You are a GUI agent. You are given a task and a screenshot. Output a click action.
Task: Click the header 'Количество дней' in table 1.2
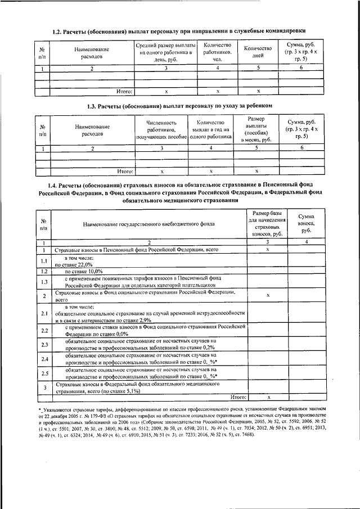[258, 52]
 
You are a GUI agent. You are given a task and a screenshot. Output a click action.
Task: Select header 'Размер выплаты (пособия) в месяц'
[256, 129]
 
